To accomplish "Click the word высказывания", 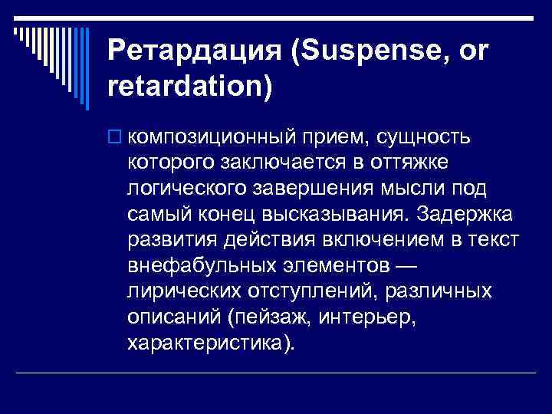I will [327, 215].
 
